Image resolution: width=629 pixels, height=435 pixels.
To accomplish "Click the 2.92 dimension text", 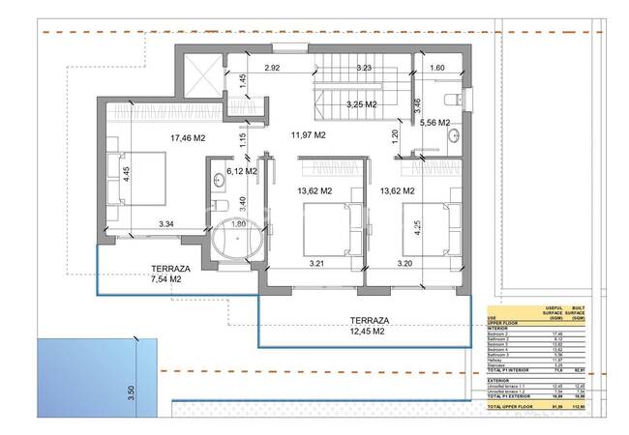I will [272, 68].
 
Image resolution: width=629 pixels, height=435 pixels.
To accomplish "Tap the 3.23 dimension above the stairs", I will [365, 68].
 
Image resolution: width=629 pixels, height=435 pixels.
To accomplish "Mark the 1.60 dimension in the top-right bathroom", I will [436, 68].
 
